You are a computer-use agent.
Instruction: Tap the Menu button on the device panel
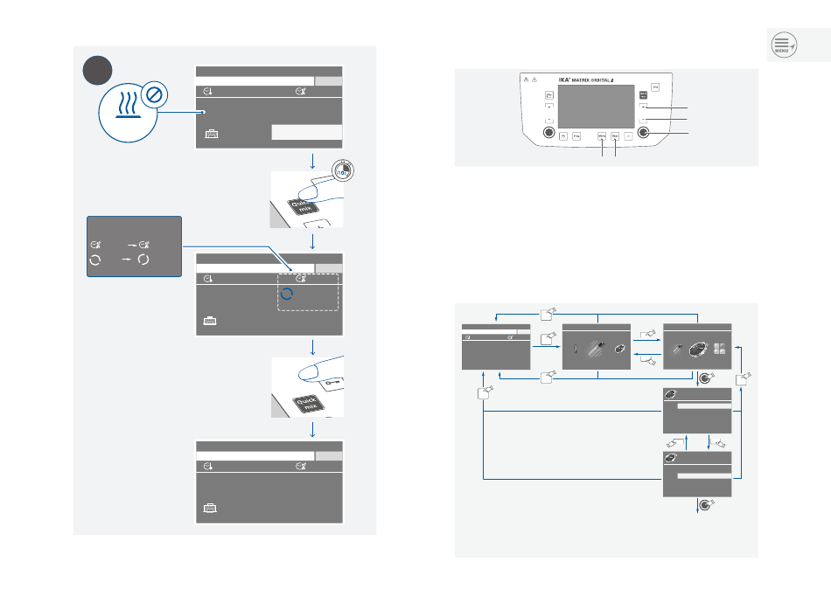click(x=603, y=136)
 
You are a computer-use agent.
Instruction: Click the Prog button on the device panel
click(x=577, y=136)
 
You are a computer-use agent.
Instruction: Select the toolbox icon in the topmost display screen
click(x=211, y=134)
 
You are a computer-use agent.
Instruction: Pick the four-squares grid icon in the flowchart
click(x=720, y=349)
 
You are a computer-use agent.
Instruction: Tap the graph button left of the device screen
click(x=549, y=95)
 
